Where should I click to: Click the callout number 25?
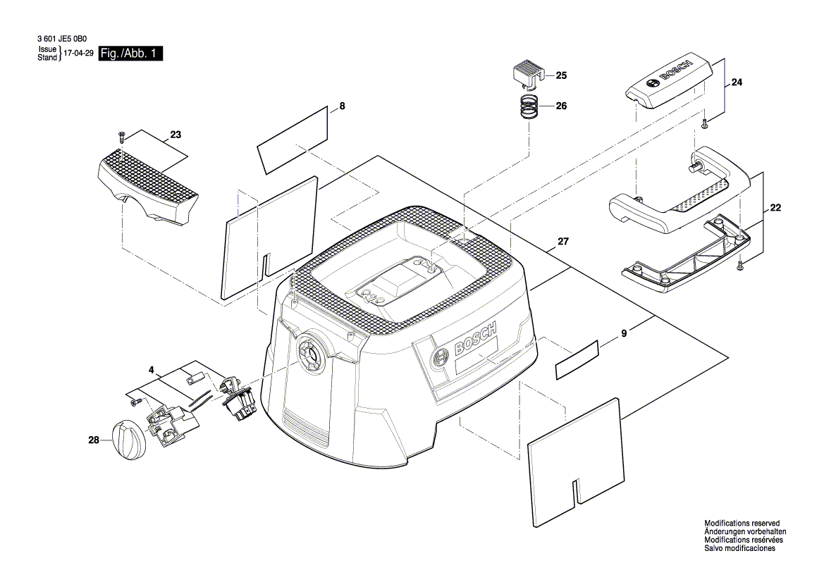tap(561, 75)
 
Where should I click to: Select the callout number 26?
tap(561, 106)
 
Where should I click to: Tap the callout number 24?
tap(737, 82)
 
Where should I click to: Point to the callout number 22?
tap(775, 208)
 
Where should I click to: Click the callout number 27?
tap(562, 242)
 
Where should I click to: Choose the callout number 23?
tap(176, 134)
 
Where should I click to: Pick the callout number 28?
tap(93, 440)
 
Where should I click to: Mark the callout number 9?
tap(624, 336)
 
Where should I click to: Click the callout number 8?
tap(342, 106)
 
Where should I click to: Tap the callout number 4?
tap(151, 369)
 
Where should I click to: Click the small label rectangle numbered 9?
tap(577, 359)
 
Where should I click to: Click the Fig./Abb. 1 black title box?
tap(131, 54)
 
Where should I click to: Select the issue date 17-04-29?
tap(78, 54)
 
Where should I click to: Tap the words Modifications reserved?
tap(742, 524)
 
